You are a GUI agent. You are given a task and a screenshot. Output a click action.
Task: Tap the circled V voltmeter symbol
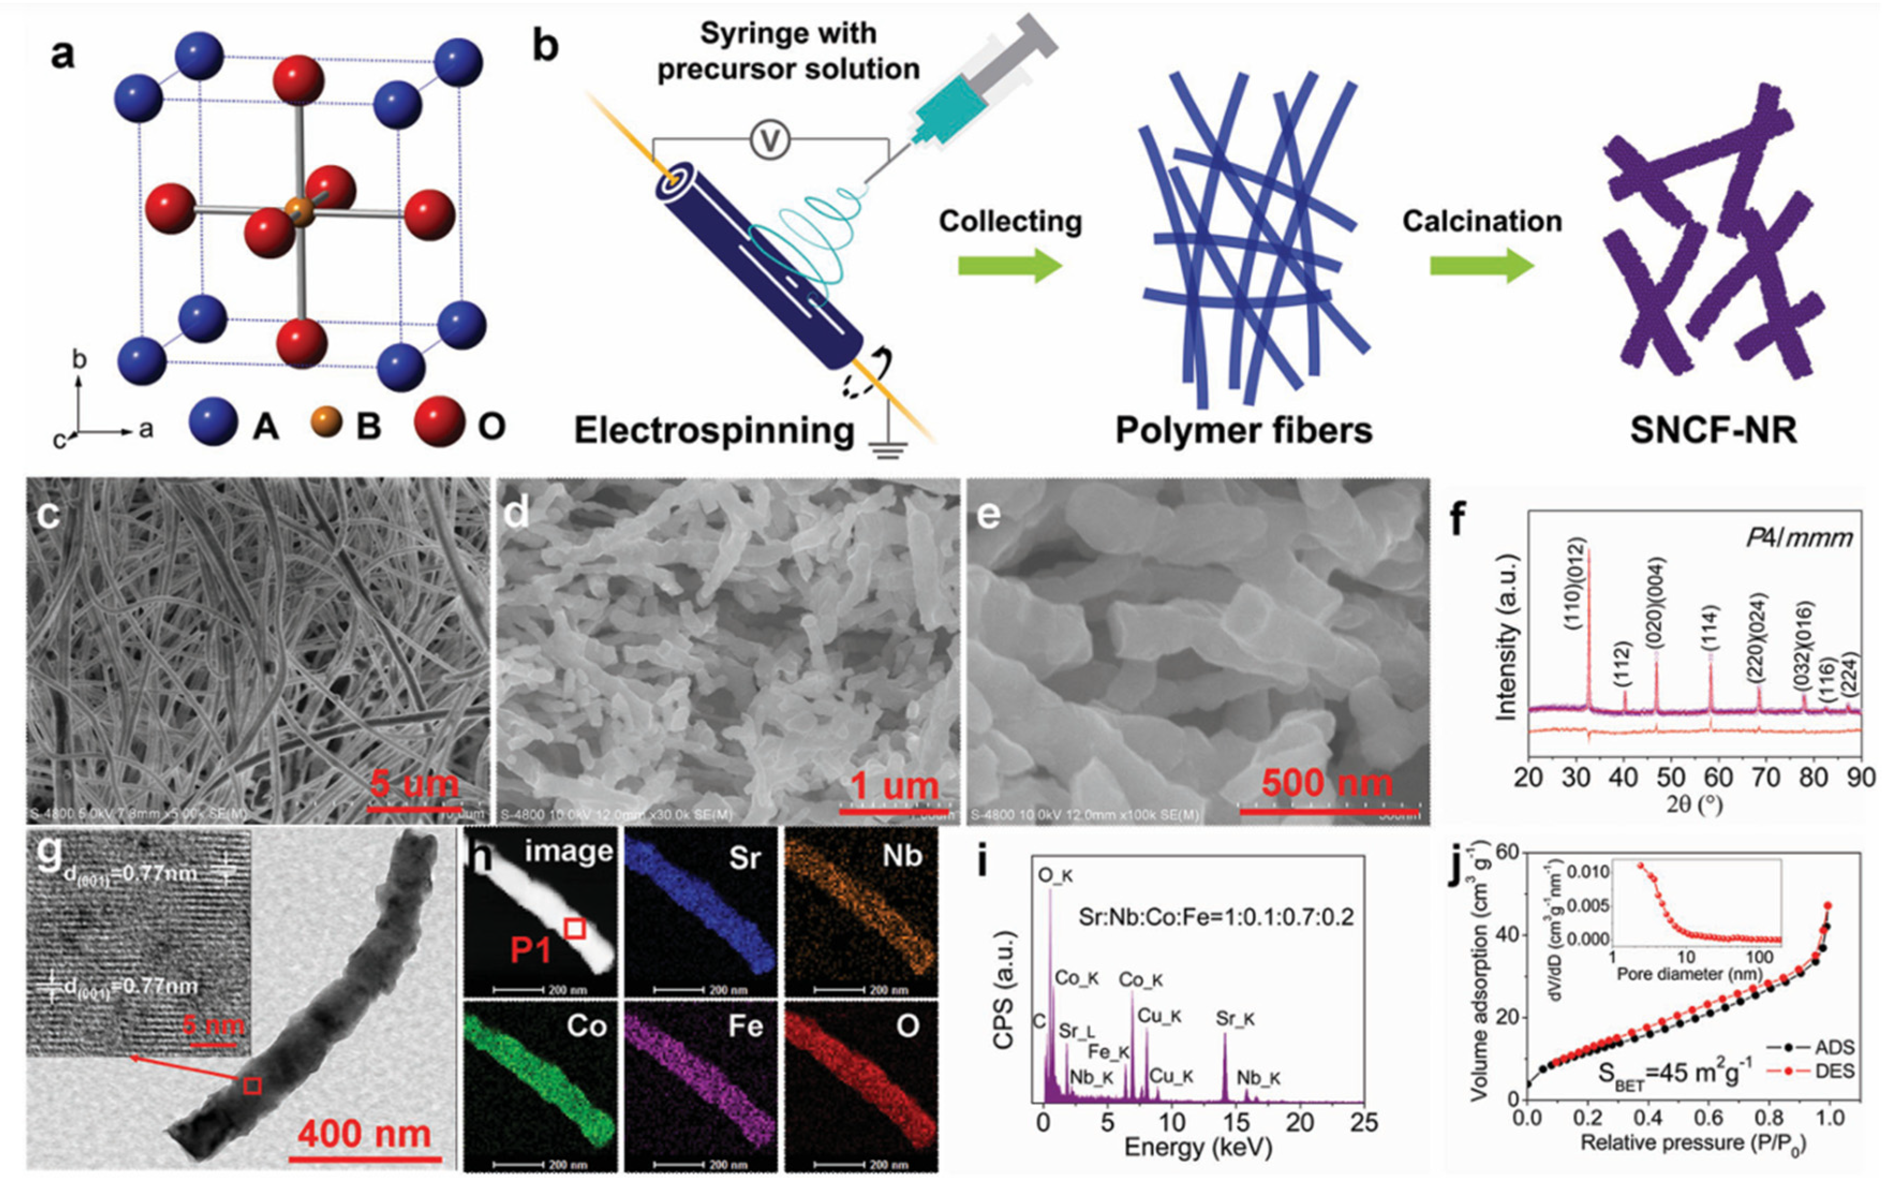pos(769,141)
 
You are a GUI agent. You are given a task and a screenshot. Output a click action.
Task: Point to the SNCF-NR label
pos(1713,430)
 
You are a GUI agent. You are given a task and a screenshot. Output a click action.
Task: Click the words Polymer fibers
pos(1244,430)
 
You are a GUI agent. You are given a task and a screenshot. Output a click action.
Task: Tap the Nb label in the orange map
pos(902,856)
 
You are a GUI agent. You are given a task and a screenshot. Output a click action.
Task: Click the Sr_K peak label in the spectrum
pos(1235,1019)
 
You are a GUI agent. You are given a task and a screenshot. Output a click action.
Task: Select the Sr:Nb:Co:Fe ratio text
pos(1215,917)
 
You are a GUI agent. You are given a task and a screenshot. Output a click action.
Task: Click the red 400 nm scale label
pos(364,1134)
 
